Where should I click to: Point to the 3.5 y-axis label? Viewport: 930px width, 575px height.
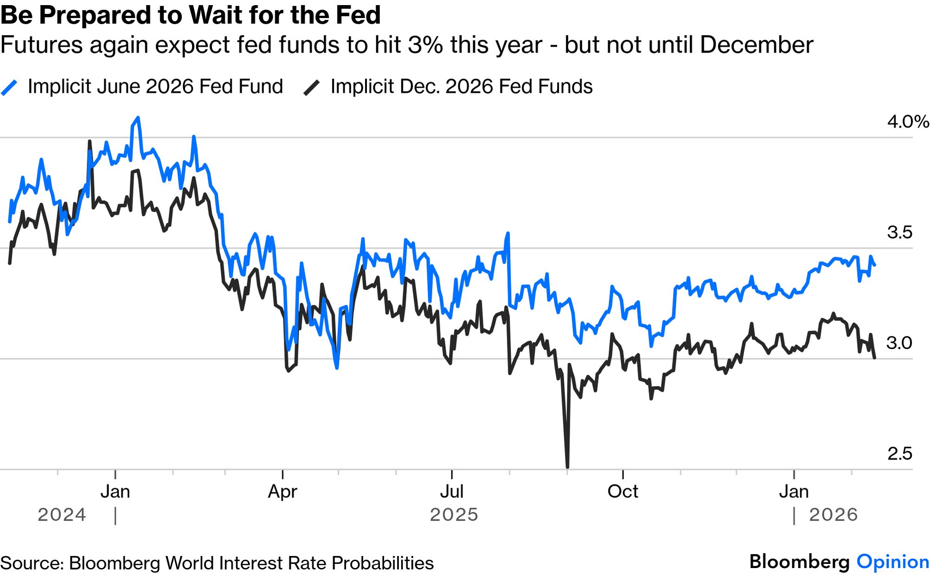click(x=899, y=232)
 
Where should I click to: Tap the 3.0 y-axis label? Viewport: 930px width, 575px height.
click(x=899, y=343)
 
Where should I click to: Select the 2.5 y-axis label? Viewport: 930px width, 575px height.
click(x=899, y=453)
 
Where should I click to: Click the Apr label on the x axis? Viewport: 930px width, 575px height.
click(x=282, y=491)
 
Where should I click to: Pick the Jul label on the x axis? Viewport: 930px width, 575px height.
click(x=451, y=491)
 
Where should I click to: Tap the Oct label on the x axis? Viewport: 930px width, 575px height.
click(x=622, y=491)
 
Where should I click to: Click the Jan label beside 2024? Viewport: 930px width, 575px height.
click(x=115, y=491)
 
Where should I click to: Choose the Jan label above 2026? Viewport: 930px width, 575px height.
click(x=794, y=491)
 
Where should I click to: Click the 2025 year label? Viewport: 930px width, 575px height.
click(x=454, y=515)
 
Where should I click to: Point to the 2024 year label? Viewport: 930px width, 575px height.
click(x=62, y=515)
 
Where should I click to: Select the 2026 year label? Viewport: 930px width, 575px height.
click(x=833, y=515)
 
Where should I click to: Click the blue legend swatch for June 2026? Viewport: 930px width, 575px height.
click(x=9, y=87)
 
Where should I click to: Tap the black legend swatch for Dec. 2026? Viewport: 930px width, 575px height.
click(x=312, y=87)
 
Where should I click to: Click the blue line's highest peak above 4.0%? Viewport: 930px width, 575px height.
click(x=138, y=118)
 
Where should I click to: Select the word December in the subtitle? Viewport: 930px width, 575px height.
click(x=756, y=45)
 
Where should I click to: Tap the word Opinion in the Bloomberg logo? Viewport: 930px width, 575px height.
click(x=892, y=562)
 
